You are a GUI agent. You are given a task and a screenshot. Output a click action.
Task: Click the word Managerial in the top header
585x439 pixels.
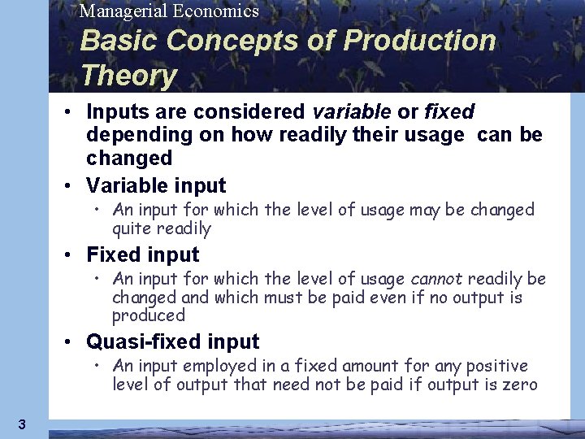coord(120,11)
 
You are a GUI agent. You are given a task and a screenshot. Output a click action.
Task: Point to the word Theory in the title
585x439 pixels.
coord(128,76)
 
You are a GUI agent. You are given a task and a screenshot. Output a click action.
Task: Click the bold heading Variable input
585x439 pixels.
coord(156,184)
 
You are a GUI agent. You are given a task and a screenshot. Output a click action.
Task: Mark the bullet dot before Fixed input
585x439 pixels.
coord(72,255)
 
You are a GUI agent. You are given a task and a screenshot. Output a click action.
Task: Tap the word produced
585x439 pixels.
coord(149,315)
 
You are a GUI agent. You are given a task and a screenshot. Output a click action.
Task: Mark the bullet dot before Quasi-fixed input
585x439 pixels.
coord(72,341)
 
